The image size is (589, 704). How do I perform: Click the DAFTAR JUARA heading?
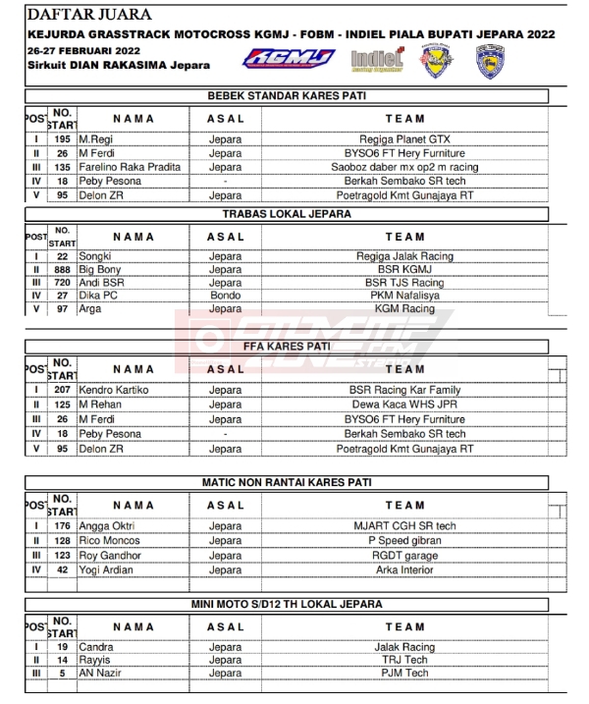click(x=90, y=15)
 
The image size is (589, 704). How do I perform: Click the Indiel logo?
click(x=376, y=60)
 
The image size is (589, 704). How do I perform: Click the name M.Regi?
click(x=96, y=139)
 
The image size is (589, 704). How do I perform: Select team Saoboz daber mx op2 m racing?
click(x=404, y=167)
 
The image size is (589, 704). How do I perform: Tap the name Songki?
click(x=95, y=256)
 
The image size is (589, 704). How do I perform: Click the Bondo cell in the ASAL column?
click(x=225, y=295)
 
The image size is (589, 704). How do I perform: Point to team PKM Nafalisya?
click(x=404, y=295)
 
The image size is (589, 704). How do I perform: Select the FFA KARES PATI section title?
click(x=286, y=347)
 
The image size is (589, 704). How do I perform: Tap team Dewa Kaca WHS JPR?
click(x=404, y=405)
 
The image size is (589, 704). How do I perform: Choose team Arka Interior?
click(x=404, y=569)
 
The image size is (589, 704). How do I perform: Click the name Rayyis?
click(x=95, y=660)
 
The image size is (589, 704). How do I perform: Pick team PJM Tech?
click(x=404, y=674)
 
